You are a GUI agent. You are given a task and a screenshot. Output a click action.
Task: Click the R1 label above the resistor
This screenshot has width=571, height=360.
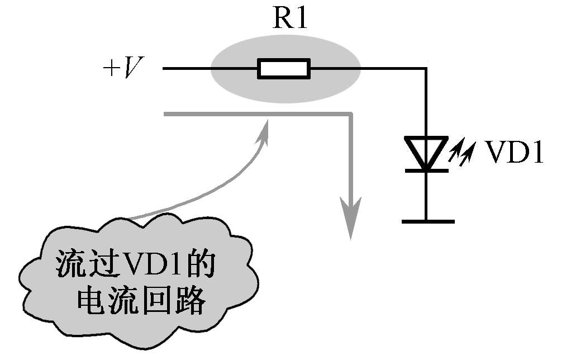pyautogui.click(x=290, y=18)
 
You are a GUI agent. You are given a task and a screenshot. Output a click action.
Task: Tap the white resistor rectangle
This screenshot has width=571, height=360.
pyautogui.click(x=284, y=69)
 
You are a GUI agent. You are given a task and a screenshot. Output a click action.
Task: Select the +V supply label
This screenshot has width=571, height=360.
pyautogui.click(x=123, y=68)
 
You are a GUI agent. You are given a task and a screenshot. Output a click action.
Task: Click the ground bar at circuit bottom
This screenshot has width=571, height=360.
pyautogui.click(x=428, y=221)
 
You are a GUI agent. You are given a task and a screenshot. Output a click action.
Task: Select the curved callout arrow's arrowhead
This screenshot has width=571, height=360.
pyautogui.click(x=264, y=132)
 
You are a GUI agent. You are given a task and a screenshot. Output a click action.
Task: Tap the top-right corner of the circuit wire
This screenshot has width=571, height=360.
pyautogui.click(x=426, y=69)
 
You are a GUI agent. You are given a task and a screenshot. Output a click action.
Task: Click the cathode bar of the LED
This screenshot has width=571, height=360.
pyautogui.click(x=426, y=170)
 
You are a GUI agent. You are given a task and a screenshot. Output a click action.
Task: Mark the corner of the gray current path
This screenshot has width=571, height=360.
pyautogui.click(x=351, y=115)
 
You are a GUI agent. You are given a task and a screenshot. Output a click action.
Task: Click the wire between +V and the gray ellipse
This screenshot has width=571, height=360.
pyautogui.click(x=187, y=69)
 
